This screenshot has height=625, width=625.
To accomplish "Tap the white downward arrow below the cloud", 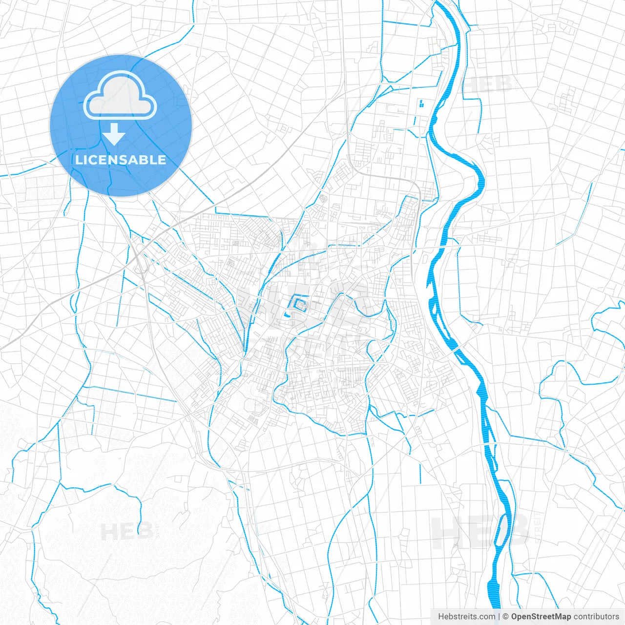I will pos(114,134).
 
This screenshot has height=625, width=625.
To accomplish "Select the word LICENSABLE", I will pos(121,160).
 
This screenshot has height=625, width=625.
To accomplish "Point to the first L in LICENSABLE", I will pos(79,160).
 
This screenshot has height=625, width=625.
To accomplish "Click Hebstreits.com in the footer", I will pos(466,617).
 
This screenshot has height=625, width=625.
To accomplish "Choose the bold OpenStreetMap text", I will pos(541,617).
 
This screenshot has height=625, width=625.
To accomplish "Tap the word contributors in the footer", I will pos(596,617).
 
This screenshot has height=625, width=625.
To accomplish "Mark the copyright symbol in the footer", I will pos(506,617).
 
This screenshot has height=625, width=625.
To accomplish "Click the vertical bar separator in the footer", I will pos(499,617).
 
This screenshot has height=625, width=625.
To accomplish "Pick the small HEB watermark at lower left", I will pos(127,532).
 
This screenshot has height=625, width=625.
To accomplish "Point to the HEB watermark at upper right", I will pos(488,84).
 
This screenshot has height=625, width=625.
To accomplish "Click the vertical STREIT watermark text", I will pos(538,527).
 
